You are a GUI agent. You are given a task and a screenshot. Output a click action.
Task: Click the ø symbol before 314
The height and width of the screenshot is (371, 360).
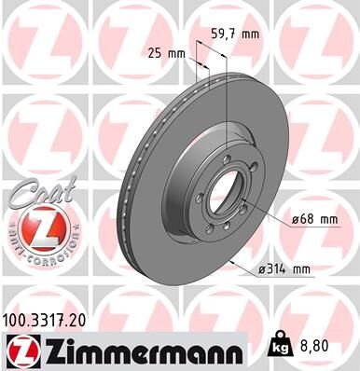[265, 270]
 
